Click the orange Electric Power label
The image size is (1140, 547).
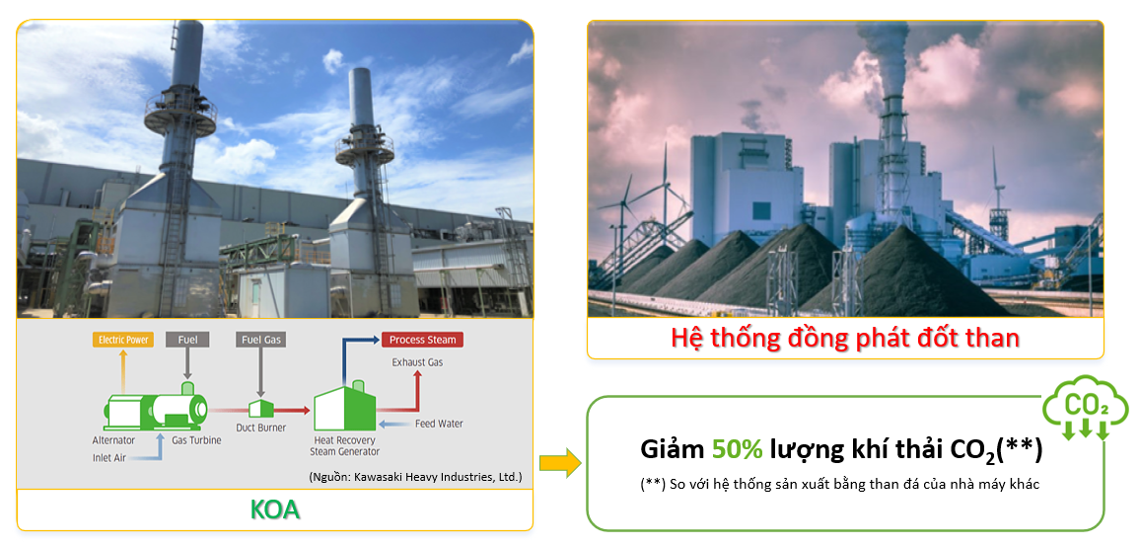pos(123,340)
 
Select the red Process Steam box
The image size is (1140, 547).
pos(422,340)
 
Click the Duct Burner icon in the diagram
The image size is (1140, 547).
pos(260,409)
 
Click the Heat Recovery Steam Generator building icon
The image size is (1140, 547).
pos(345,407)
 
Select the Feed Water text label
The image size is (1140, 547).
pos(439,424)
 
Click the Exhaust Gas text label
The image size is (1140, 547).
pos(417,362)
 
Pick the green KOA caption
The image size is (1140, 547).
pos(275,509)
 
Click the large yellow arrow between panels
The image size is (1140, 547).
pos(560,463)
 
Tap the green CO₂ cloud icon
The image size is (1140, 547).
pos(1086,408)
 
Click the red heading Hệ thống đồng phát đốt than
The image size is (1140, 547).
pos(845,339)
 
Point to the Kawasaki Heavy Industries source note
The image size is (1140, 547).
pos(416,478)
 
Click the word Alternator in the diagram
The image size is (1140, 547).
pos(114,440)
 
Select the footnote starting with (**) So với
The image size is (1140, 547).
pos(840,485)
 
